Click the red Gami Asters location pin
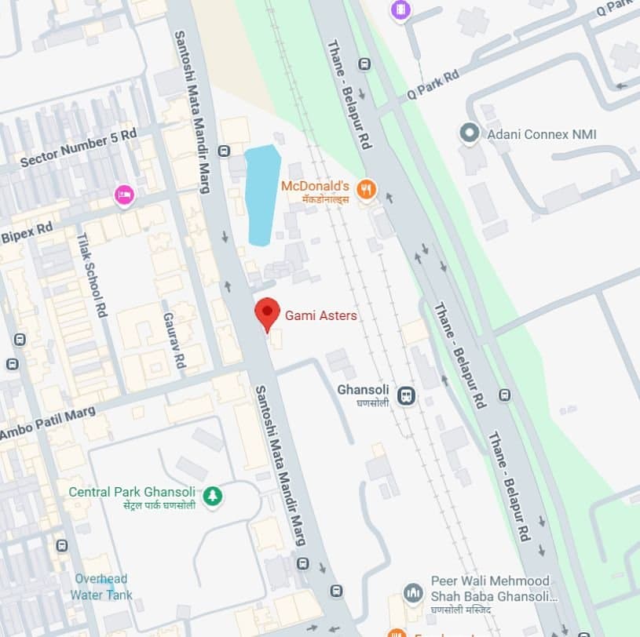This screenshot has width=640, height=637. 268,313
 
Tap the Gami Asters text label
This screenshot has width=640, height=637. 320,316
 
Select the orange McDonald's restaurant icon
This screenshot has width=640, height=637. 366,189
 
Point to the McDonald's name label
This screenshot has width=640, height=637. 315,187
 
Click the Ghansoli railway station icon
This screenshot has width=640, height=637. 406,395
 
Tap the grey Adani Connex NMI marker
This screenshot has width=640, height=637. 470,133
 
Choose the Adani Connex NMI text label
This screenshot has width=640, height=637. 541,134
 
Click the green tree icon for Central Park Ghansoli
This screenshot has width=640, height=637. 212,495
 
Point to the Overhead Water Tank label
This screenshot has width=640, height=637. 102,587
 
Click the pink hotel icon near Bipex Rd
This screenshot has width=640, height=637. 123,195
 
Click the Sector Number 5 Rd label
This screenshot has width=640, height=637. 79,147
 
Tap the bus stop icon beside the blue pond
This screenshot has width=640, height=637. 225,151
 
